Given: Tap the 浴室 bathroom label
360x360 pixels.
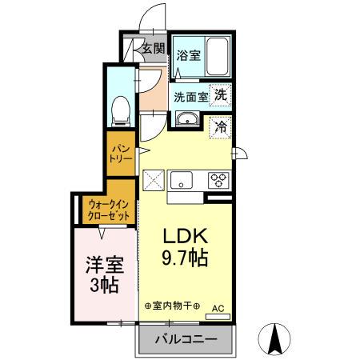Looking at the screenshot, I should (189, 56).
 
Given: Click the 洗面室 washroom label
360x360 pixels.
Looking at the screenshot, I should (191, 96).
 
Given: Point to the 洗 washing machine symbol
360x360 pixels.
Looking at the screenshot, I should (220, 93).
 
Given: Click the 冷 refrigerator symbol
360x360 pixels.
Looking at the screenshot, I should (220, 125).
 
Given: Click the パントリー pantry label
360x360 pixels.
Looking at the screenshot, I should (121, 153).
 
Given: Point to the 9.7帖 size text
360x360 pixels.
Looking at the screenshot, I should (187, 258).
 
